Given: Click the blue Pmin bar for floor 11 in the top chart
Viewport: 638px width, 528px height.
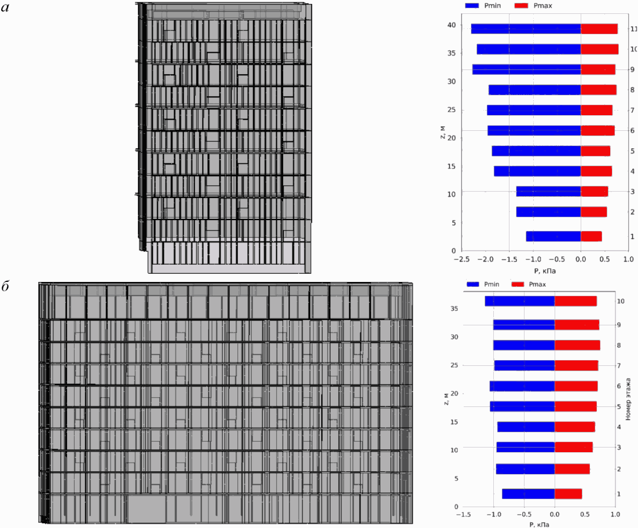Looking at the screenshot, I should tap(526, 29).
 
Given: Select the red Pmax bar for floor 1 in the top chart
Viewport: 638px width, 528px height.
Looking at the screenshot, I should tap(591, 236).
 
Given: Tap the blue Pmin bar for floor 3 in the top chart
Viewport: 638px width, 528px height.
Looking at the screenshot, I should tap(548, 191).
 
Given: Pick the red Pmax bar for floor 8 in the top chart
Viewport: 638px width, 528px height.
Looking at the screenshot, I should tap(599, 90).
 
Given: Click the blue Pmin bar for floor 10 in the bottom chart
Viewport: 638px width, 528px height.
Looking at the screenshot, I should tap(520, 301).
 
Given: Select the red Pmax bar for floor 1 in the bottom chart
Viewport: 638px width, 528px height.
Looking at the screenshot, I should tap(568, 494).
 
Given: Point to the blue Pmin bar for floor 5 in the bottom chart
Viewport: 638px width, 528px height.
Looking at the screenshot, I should tap(522, 406).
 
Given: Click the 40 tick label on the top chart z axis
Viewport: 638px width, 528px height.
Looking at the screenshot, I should tap(451, 25).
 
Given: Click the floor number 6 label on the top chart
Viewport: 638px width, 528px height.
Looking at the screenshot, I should tap(633, 130).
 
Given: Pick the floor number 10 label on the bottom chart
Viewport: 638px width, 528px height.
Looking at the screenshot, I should tap(621, 301).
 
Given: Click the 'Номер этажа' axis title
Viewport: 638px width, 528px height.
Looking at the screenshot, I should tap(629, 399).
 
